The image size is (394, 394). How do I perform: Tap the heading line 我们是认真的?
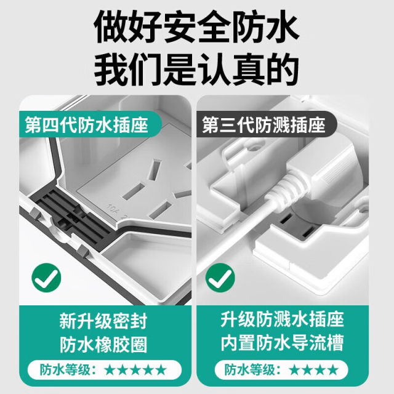point(196,70)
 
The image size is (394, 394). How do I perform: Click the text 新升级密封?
point(103,321)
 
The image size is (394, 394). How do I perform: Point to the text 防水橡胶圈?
point(103,344)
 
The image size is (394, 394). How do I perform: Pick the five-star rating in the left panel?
point(136,370)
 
